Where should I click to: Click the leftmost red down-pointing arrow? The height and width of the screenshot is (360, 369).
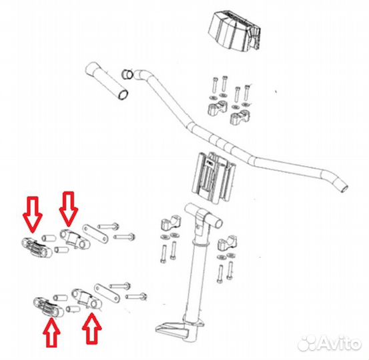pos(32,214)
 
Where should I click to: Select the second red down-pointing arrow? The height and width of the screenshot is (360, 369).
pos(68,209)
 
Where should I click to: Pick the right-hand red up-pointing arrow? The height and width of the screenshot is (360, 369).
pos(92,329)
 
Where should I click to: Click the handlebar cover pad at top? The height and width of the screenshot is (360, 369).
pos(234,31)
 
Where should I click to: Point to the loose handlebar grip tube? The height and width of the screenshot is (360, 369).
pos(107,81)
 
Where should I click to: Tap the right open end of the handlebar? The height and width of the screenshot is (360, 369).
pos(344,189)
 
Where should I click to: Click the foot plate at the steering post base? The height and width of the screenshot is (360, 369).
pos(173,329)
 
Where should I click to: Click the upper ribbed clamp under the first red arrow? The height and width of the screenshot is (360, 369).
pos(37,248)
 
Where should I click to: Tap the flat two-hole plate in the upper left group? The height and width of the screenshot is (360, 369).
pos(95,234)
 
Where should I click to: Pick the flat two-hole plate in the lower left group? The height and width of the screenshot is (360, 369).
pos(107,293)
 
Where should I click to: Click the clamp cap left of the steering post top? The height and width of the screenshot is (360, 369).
pos(170,223)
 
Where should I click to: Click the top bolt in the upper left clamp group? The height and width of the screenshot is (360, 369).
pos(108,227)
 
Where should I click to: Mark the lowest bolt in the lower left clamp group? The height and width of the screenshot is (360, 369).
pos(136,296)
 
